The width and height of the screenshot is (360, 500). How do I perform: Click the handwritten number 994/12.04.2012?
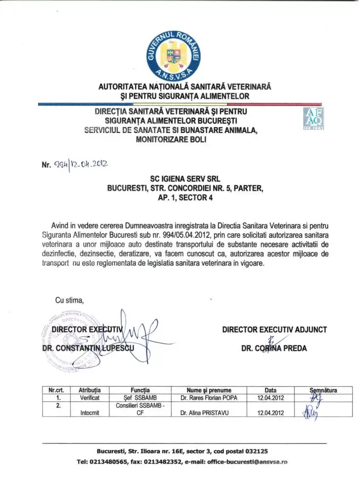coord(81,164)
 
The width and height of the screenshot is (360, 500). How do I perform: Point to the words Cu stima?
coord(69,300)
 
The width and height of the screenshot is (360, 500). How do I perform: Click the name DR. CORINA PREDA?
coord(274,349)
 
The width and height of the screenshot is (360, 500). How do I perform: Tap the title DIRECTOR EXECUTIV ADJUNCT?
coord(275,330)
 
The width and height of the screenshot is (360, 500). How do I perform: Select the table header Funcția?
coord(140,390)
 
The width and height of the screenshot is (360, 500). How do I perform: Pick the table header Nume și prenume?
coord(209,390)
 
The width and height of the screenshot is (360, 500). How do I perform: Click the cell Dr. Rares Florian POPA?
coord(209,398)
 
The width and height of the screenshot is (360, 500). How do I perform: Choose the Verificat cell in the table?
coord(90,398)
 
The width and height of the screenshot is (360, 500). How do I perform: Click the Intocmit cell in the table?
coord(90,413)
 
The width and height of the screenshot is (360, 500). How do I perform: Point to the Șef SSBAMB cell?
coord(140,398)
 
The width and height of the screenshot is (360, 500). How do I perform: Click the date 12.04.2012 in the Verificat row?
coord(271,398)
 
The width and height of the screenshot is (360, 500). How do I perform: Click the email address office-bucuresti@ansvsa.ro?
coord(247,461)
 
